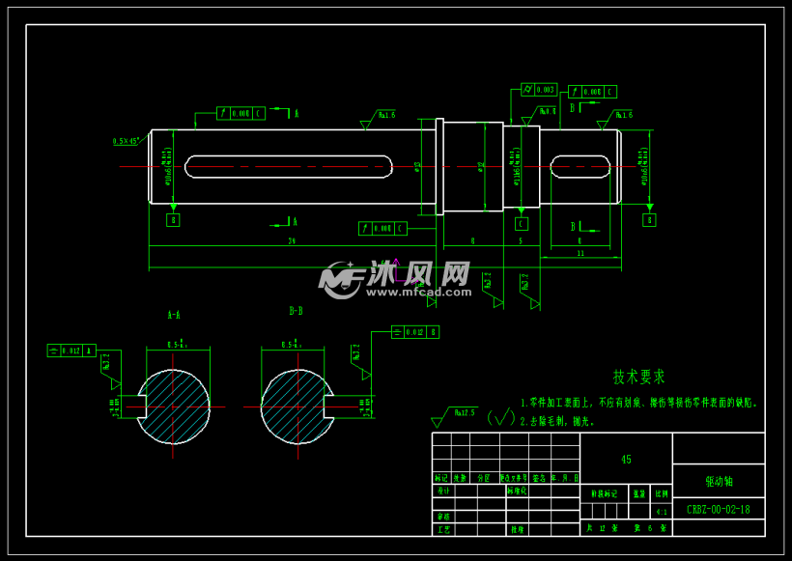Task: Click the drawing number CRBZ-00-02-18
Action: click(x=718, y=510)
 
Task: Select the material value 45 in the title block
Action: click(x=626, y=460)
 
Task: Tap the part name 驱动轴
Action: click(x=718, y=480)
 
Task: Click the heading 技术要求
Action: click(x=638, y=377)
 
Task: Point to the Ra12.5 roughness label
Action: click(x=467, y=411)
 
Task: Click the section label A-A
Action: click(x=174, y=314)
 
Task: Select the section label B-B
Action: click(x=296, y=311)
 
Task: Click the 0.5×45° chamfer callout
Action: click(x=126, y=141)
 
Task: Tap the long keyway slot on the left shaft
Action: click(x=288, y=166)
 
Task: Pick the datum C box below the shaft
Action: click(x=521, y=223)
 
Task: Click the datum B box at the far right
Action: click(x=649, y=220)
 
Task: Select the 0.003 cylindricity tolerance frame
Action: click(x=539, y=89)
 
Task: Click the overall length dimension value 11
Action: click(x=580, y=253)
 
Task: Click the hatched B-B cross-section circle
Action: click(x=296, y=406)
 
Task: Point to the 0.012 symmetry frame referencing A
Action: click(x=71, y=351)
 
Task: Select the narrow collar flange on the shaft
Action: click(x=439, y=166)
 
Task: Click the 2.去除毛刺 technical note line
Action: click(x=557, y=421)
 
